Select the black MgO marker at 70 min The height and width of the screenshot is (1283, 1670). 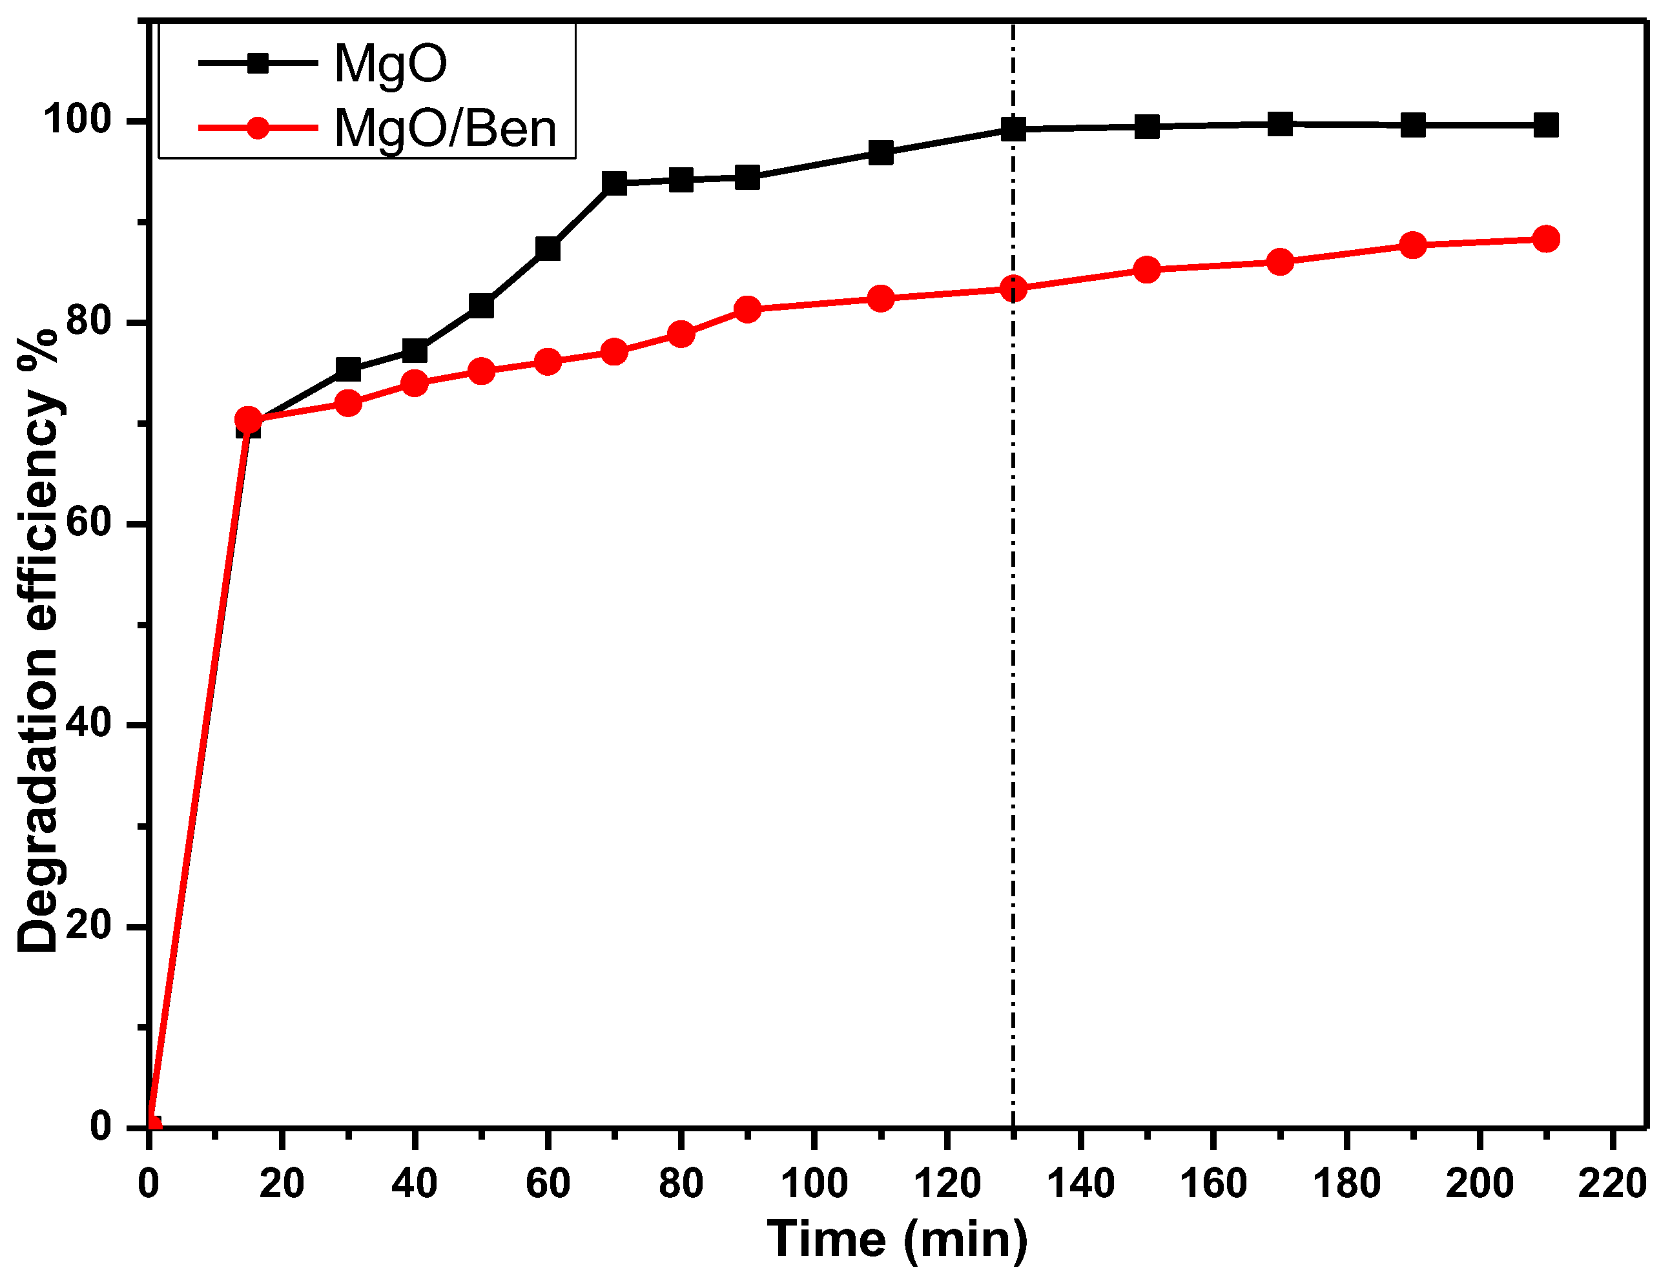[x=614, y=183]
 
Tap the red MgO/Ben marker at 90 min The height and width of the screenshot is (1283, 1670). [x=748, y=309]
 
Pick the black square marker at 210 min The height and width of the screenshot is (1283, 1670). [x=1545, y=125]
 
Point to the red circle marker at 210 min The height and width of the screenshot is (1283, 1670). [x=1545, y=239]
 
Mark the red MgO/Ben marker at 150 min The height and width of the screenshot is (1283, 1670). [x=1146, y=270]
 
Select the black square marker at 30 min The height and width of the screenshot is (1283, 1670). [x=348, y=369]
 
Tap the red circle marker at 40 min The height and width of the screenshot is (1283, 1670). [x=415, y=383]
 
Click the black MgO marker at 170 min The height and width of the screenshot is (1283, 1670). [x=1280, y=124]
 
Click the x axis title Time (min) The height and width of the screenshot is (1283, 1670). [x=896, y=1238]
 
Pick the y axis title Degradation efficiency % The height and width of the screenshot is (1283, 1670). [x=38, y=642]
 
